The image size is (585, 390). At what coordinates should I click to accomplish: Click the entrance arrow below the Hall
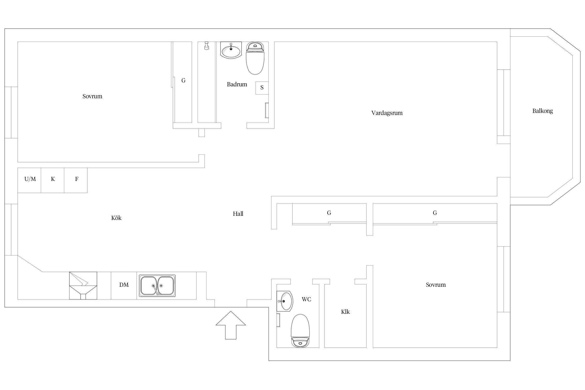[231, 325]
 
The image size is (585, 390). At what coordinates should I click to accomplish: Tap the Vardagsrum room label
[387, 113]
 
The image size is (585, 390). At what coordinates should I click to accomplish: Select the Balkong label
[542, 111]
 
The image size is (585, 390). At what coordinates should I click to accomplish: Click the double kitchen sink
[157, 286]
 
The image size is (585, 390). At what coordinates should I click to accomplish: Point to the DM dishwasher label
[124, 285]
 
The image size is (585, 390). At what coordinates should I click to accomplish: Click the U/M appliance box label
[30, 179]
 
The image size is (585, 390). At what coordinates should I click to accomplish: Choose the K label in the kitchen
[53, 179]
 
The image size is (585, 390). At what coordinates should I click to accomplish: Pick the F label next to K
[77, 179]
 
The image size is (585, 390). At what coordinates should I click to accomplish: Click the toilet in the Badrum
[255, 58]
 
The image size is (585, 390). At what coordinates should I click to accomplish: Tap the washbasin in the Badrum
[231, 50]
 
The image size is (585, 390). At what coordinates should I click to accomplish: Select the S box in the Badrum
[262, 88]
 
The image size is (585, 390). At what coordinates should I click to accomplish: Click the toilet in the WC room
[300, 330]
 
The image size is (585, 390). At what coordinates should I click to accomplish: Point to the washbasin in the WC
[285, 301]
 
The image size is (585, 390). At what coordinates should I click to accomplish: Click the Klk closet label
[345, 312]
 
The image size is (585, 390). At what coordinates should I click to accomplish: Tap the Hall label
[238, 214]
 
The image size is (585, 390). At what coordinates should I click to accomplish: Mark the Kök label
[116, 218]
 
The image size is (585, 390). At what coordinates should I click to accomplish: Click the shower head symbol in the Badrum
[207, 46]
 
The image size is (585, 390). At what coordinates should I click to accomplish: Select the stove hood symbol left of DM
[83, 285]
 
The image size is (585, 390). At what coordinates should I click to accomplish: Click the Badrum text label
[237, 84]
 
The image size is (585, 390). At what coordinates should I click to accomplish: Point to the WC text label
[306, 299]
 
